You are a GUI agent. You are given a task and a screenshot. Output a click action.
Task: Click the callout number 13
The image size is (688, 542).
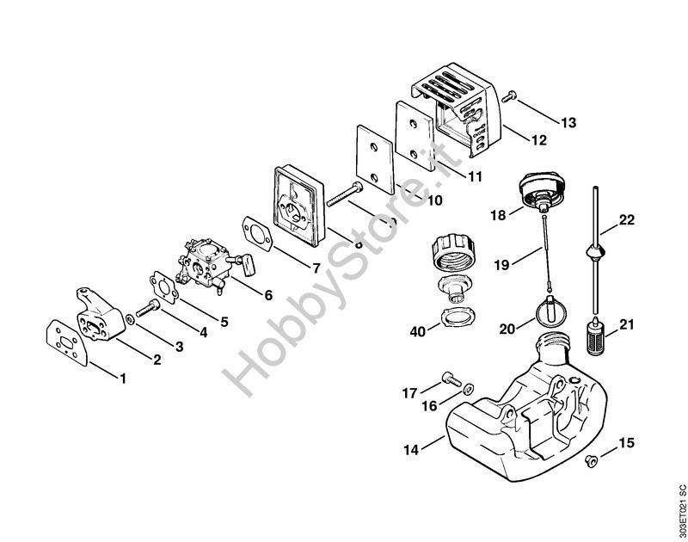pos(568,123)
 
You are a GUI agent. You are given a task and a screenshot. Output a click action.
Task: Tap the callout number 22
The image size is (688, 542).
pos(626,220)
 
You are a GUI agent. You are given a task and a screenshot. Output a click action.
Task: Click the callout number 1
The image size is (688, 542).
pos(122,378)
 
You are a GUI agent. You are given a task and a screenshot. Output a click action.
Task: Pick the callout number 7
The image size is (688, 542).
pos(316,268)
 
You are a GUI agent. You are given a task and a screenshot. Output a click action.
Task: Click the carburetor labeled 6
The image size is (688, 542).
pos(205,257)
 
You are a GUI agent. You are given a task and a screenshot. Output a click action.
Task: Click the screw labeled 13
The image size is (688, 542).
pos(511,97)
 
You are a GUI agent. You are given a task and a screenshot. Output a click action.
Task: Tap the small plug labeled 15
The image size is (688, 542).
pos(591,462)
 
